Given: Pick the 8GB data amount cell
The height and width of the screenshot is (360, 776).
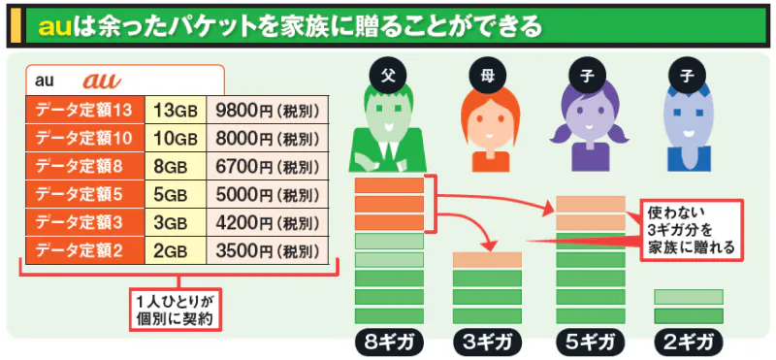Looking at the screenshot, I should coord(174,165).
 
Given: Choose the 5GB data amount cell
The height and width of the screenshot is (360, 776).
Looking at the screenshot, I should coord(174,194).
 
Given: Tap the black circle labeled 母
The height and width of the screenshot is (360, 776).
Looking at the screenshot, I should coord(486,75).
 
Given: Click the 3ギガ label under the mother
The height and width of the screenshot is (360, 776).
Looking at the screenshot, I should coord(488,342).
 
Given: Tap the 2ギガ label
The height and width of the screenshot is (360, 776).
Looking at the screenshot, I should coord(689,342).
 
